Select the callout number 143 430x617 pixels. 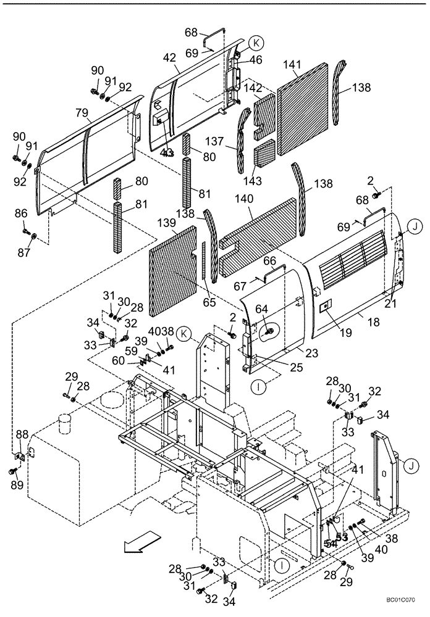pos(269,181)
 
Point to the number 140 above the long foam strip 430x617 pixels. pos(245,199)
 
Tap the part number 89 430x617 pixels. pos(18,486)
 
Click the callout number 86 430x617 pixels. pos(22,213)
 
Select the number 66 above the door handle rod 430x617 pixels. pos(270,262)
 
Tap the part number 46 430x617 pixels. pos(255,60)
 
